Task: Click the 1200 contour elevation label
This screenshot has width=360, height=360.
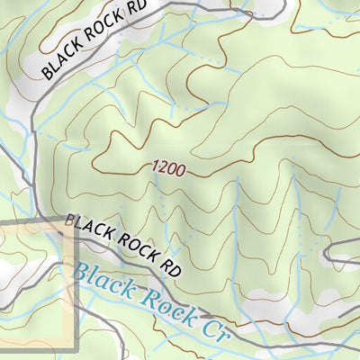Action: [x=168, y=168]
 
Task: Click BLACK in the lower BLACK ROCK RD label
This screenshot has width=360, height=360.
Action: [x=88, y=227]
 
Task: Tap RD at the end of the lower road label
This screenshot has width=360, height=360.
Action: [x=169, y=265]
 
